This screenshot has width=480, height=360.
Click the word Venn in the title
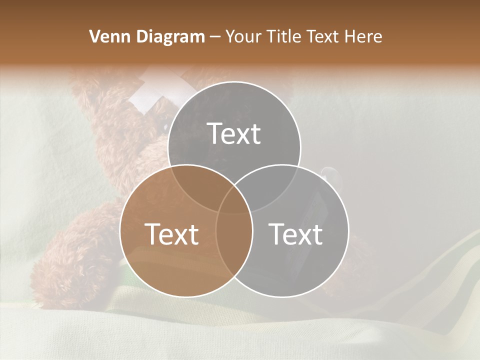coord(107,36)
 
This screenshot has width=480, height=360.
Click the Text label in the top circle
coord(234,133)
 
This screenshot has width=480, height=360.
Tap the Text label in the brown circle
coord(171,233)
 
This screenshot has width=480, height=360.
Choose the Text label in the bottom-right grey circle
coord(296,233)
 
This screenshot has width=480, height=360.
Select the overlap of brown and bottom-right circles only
coord(234,250)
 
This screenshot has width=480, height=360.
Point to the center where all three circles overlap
coord(234,200)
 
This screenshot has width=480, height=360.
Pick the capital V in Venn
coord(94,36)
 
